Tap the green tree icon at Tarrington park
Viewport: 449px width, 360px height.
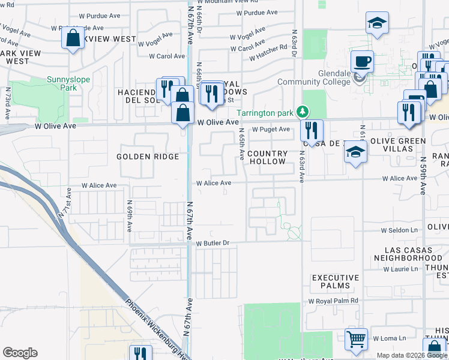pyautogui.click(x=303, y=110)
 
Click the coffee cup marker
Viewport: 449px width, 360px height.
pyautogui.click(x=362, y=62)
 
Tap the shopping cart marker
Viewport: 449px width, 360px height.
pyautogui.click(x=356, y=340)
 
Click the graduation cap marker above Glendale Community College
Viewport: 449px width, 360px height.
pyautogui.click(x=378, y=24)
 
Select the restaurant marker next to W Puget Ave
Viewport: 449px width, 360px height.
pyautogui.click(x=312, y=130)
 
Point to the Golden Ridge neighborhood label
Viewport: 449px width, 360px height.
pyautogui.click(x=148, y=157)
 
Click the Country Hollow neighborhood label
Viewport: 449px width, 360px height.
pyautogui.click(x=267, y=157)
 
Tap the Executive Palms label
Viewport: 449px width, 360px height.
pyautogui.click(x=335, y=282)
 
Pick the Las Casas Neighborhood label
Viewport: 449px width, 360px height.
pyautogui.click(x=408, y=253)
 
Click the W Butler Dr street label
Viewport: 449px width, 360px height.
pyautogui.click(x=213, y=243)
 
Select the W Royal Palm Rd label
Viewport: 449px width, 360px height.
pyautogui.click(x=333, y=301)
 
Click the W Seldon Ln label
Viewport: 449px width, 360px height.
pyautogui.click(x=399, y=230)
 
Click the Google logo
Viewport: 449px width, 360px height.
pyautogui.click(x=20, y=353)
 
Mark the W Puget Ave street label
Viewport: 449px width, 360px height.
pyautogui.click(x=271, y=129)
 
